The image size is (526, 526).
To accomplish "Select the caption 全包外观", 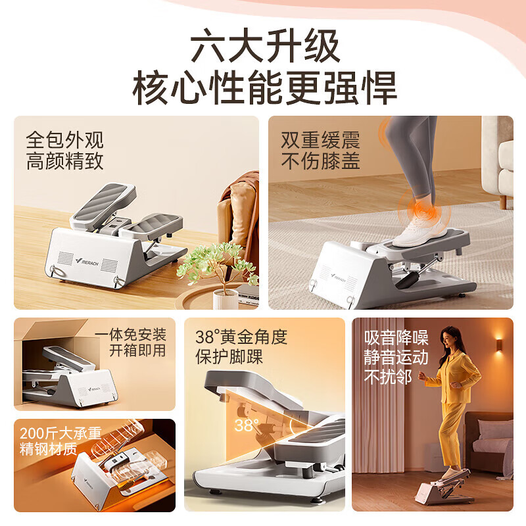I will pyautogui.click(x=64, y=139).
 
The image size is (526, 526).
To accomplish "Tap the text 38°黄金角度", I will pyautogui.click(x=241, y=337).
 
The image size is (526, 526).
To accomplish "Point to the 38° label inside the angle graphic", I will pyautogui.click(x=246, y=425).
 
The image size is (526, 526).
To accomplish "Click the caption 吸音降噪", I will pyautogui.click(x=396, y=338).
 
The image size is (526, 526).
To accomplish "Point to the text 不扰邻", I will pyautogui.click(x=387, y=377).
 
